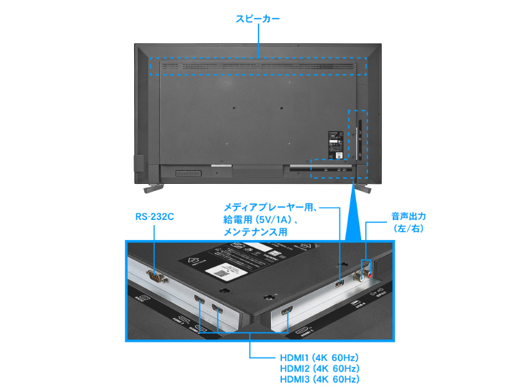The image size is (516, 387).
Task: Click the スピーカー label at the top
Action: coord(258,19)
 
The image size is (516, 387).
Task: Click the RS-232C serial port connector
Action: coord(155,277)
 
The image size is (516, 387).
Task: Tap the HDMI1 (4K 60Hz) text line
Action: coord(319,357)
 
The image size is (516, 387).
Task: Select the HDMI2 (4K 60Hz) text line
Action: coord(319,368)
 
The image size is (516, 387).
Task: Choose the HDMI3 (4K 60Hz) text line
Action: coord(319,380)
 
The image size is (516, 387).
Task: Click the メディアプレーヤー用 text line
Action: coord(268,208)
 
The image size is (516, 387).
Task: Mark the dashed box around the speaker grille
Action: coord(258,66)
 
